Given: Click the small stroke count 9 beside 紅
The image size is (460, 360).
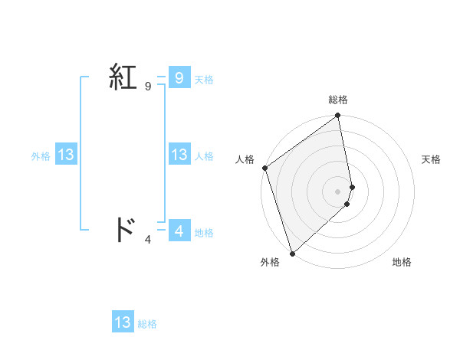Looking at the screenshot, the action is tap(148, 87).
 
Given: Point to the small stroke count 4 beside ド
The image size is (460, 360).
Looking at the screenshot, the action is tap(148, 239).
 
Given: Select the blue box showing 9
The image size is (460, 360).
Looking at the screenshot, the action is tap(179, 77).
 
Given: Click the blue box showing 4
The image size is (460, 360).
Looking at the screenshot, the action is tap(179, 230).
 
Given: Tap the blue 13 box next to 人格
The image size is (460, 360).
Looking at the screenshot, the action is tap(179, 155).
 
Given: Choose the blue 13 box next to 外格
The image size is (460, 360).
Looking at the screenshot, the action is tap(65, 155).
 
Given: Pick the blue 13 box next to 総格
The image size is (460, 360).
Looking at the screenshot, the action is tap(123, 322).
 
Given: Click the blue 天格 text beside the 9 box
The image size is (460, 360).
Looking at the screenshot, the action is tap(204, 80).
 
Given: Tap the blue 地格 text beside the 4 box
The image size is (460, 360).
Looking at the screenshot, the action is tap(204, 233).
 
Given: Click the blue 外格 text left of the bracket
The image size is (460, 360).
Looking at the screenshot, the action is tap(41, 156).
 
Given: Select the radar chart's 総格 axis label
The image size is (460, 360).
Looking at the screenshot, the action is tap(338, 100).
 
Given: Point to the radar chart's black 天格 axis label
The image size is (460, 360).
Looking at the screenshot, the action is tap(431, 159).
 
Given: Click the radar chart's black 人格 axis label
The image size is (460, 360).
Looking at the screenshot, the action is tap(245, 159).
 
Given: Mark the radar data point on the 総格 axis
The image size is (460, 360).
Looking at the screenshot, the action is tap(338, 116).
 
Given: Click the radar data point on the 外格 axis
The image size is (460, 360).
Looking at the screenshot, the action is tap(292, 253).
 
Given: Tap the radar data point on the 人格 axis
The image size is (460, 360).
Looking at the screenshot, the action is tap(264, 168).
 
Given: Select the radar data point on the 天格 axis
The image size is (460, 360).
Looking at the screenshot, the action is tap(352, 186).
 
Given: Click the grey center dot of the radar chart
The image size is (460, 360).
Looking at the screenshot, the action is tap(338, 191).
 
